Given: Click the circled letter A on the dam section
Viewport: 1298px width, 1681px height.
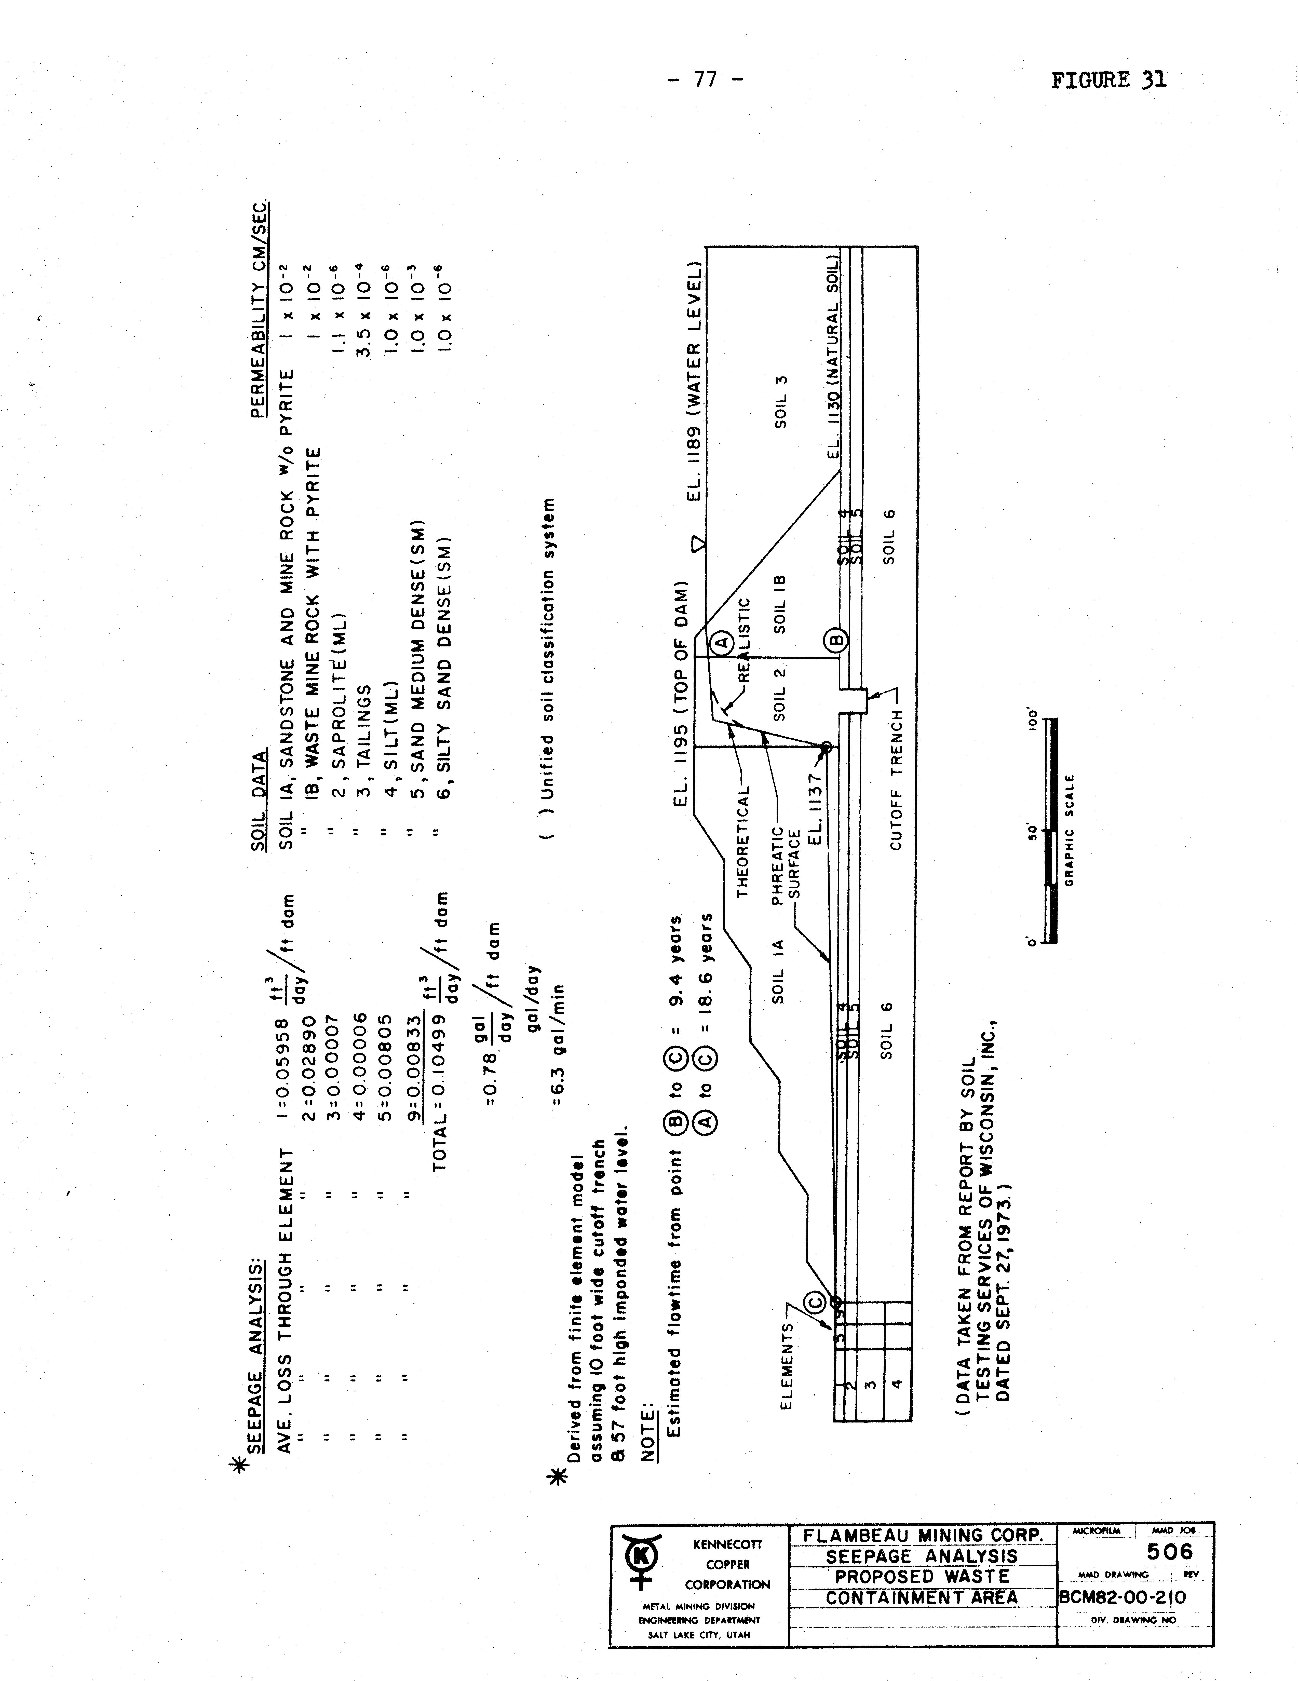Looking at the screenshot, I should (721, 642).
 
